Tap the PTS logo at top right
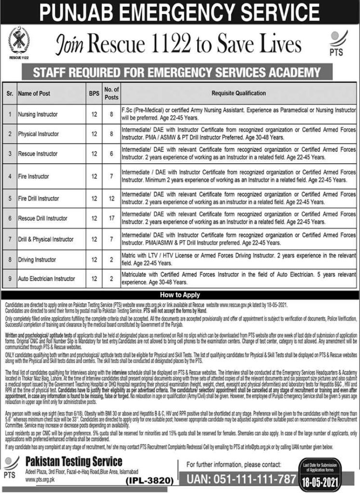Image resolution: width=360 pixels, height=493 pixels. (x=338, y=43)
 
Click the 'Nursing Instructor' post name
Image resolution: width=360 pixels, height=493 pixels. (x=38, y=115)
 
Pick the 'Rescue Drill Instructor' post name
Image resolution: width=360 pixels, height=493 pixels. (x=43, y=218)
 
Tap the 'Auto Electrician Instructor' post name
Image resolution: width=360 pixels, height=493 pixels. (x=47, y=279)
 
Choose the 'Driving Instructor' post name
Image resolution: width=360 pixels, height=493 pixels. (x=37, y=259)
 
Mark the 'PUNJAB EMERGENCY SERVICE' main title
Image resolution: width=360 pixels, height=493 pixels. (x=180, y=12)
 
